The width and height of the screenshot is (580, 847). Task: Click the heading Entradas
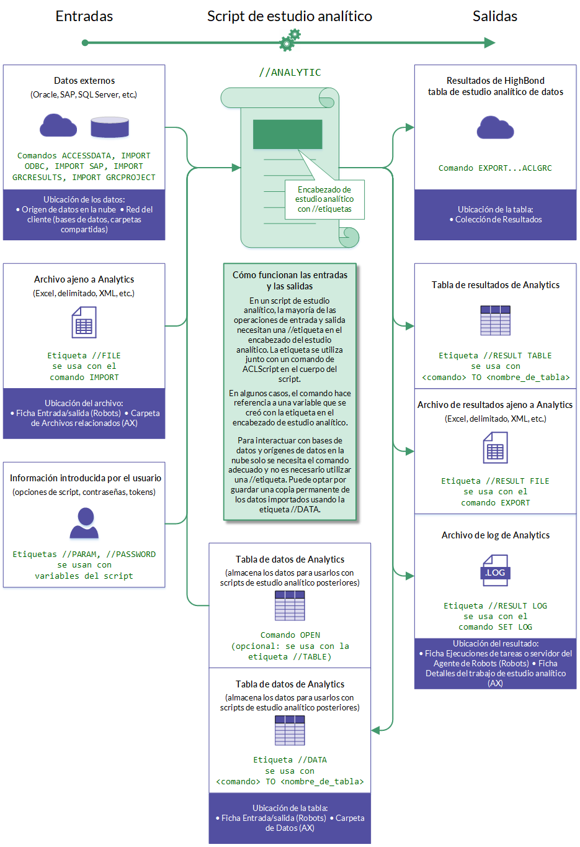[84, 16]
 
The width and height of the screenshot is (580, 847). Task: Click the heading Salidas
[494, 16]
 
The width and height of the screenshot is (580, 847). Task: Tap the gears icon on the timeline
[290, 40]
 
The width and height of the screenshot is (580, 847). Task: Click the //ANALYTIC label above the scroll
[290, 73]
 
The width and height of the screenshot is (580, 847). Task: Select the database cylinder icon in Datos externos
[110, 127]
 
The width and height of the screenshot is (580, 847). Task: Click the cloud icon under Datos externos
[58, 125]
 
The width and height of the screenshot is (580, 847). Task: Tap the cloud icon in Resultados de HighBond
[495, 128]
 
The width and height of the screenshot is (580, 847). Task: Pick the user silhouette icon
[85, 523]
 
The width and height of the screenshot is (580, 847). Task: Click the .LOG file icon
[495, 571]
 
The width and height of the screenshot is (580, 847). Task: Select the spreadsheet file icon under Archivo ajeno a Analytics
[84, 323]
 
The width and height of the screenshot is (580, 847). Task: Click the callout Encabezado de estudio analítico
[324, 199]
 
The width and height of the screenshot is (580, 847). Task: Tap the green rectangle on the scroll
[287, 134]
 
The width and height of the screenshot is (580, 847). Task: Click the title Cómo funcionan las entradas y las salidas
[290, 281]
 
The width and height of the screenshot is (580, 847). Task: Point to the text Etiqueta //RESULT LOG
[495, 606]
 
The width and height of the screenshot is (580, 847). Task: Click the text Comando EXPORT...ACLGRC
[495, 168]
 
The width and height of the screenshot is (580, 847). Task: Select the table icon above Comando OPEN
[290, 605]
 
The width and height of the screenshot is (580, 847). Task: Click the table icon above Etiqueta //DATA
[290, 730]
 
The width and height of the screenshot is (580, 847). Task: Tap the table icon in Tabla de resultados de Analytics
[495, 320]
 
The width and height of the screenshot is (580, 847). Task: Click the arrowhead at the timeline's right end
[489, 43]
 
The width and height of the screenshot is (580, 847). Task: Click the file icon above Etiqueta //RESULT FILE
[495, 448]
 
